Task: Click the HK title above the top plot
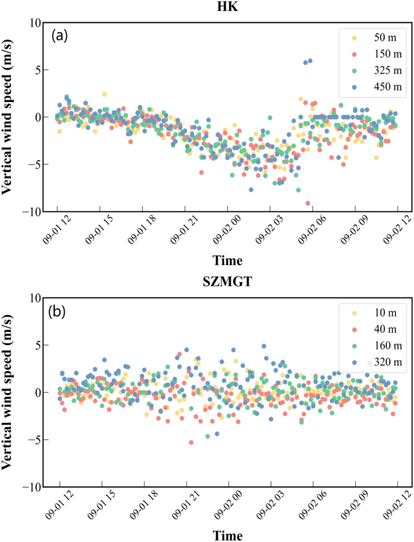[228, 7]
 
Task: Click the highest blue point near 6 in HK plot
[310, 60]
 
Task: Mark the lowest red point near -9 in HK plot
[308, 203]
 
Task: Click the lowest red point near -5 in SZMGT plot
[191, 442]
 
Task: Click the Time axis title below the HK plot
[228, 261]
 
